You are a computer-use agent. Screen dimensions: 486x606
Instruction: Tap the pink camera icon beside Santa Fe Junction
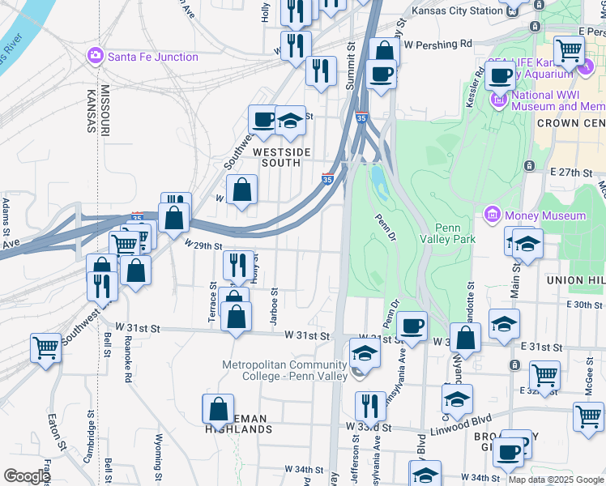click(95, 56)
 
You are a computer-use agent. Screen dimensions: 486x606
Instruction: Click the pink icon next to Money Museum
click(491, 215)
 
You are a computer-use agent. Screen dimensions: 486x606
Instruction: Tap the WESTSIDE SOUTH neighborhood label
click(276, 157)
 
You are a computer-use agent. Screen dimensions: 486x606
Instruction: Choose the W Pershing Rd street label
click(437, 44)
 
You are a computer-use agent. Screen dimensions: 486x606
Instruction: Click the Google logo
click(26, 476)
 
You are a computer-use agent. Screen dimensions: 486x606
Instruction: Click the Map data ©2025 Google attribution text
click(556, 480)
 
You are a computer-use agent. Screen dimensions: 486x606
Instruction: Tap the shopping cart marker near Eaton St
click(46, 347)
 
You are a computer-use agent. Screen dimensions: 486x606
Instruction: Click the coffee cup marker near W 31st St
click(412, 326)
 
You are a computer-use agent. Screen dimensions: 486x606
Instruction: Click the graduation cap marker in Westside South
click(290, 120)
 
